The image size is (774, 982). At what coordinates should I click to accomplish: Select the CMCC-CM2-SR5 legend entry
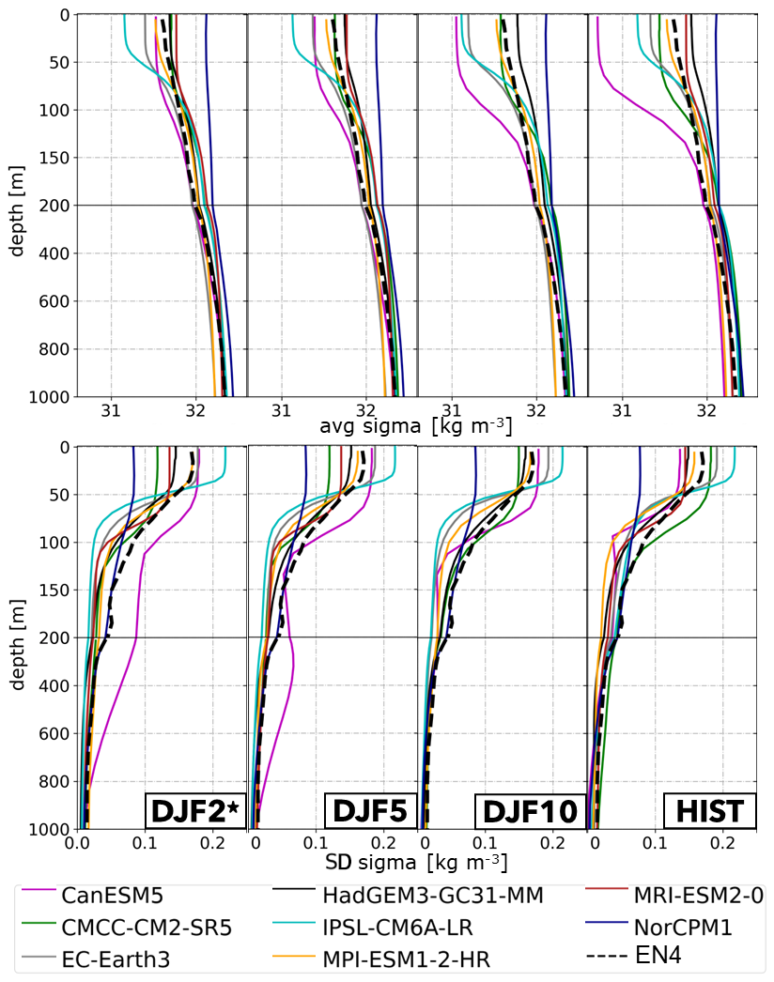[146, 928]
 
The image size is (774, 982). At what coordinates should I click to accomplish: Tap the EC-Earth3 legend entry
[121, 959]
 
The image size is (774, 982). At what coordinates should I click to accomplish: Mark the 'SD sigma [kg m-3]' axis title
[416, 859]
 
